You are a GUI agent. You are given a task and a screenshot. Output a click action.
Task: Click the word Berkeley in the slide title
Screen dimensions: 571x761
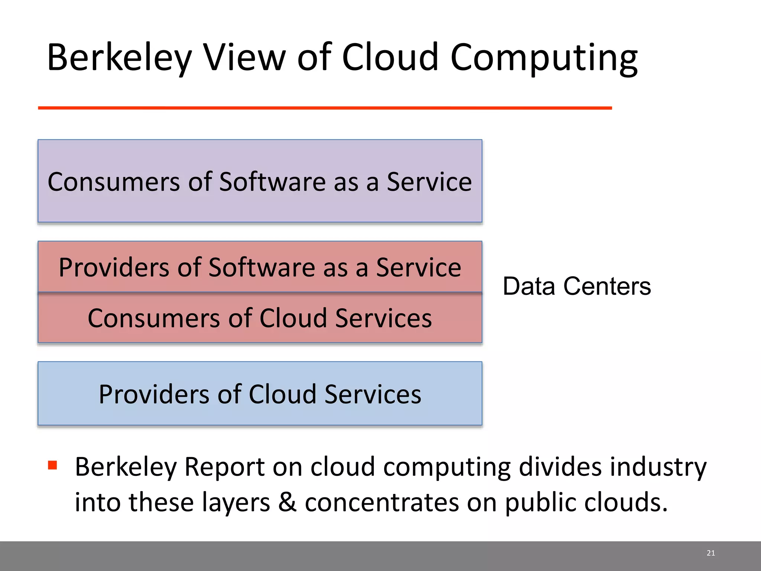click(119, 58)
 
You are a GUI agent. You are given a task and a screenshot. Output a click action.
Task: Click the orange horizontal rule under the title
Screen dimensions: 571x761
click(325, 108)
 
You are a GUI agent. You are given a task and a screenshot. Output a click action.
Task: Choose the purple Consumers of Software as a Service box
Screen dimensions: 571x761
click(260, 181)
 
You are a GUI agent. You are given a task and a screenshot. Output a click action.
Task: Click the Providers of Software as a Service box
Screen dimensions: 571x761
click(260, 267)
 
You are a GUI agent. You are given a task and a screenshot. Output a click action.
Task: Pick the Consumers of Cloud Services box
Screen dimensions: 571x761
click(260, 318)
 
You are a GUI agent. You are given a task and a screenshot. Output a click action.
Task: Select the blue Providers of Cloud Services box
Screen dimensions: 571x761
click(260, 394)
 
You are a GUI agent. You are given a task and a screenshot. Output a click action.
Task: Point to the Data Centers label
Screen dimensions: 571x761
click(577, 286)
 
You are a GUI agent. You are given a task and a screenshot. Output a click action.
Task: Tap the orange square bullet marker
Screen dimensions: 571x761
click(52, 465)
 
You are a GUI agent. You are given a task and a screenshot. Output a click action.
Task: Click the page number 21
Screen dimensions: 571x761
click(711, 553)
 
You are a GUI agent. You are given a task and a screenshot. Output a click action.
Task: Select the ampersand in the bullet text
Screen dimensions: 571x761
click(287, 502)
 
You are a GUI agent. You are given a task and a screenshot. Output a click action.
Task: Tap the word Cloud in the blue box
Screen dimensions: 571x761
click(282, 394)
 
